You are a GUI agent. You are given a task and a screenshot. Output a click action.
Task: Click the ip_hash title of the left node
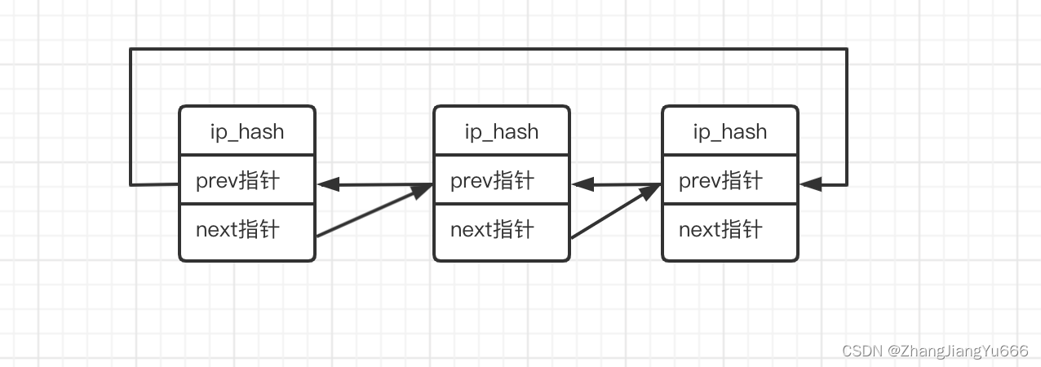(247, 131)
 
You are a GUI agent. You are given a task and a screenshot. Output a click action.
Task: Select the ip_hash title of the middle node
(502, 131)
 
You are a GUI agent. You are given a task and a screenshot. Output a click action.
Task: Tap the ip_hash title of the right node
(730, 131)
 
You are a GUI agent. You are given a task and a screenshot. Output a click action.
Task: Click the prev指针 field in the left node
(237, 180)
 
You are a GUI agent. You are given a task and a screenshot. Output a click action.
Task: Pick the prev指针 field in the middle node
(492, 180)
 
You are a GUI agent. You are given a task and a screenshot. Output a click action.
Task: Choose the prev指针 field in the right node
(720, 180)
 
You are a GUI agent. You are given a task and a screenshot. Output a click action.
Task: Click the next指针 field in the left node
(237, 230)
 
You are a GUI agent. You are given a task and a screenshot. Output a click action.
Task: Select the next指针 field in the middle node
(492, 230)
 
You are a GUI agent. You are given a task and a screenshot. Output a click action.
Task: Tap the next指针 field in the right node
(720, 230)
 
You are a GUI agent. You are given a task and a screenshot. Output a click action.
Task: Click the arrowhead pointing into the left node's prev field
(328, 185)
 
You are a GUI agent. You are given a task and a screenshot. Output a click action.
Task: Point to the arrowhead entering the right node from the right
(809, 185)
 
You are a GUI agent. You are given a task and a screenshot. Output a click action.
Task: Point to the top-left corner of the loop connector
(131, 49)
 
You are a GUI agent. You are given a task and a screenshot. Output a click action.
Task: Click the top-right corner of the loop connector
(847, 49)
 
